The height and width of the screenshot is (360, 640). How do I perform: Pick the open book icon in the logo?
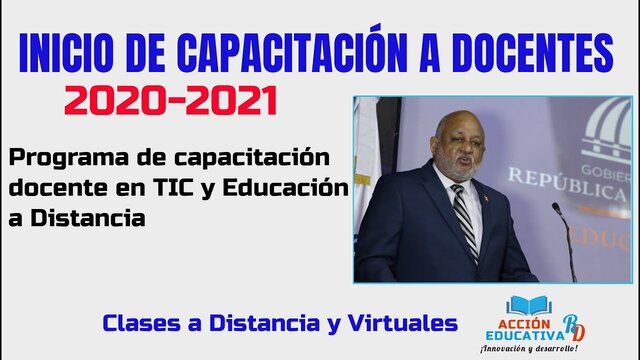(524, 305)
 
